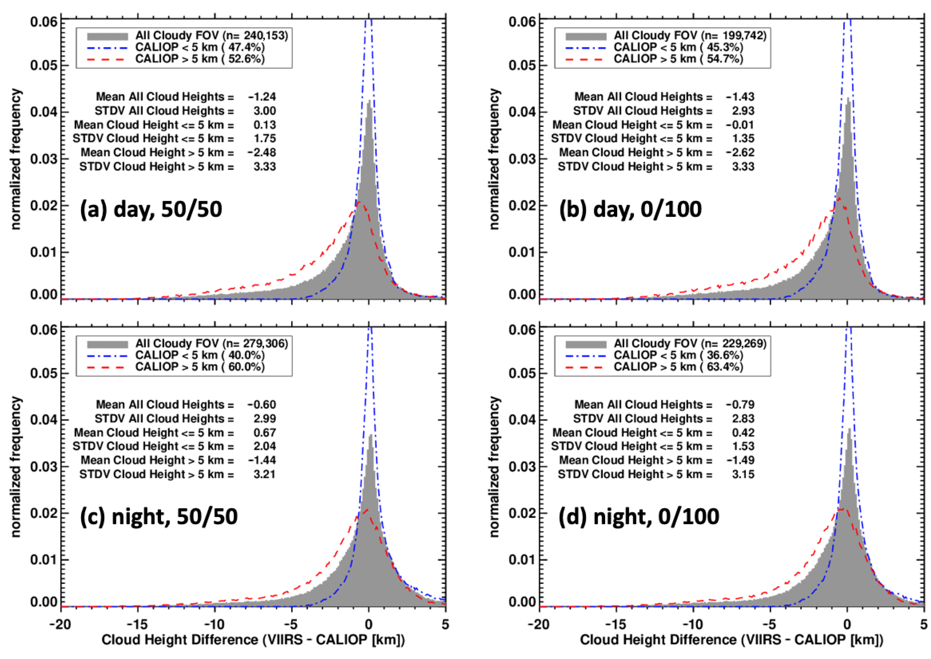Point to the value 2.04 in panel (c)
pyautogui.click(x=265, y=446)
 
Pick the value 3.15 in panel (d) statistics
pyautogui.click(x=743, y=474)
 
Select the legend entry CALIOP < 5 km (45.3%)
pyautogui.click(x=678, y=47)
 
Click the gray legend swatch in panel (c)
pyautogui.click(x=107, y=344)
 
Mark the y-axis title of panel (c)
pyautogui.click(x=15, y=467)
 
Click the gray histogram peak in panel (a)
pyautogui.click(x=369, y=102)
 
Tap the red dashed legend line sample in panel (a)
pyautogui.click(x=107, y=59)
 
